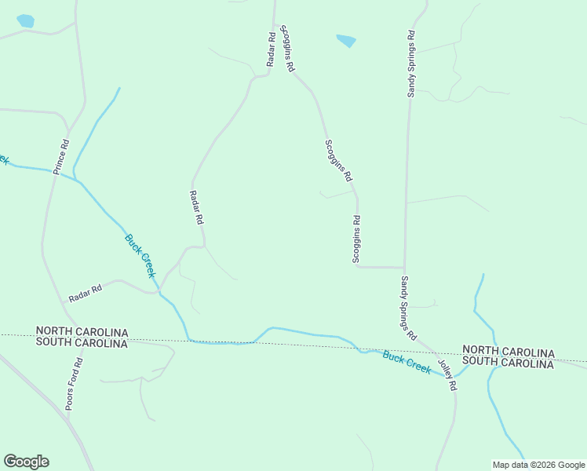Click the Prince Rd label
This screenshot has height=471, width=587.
[62, 156]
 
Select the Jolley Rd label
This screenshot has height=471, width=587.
[447, 376]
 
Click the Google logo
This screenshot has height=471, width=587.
[26, 462]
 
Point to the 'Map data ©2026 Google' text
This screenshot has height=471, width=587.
[539, 465]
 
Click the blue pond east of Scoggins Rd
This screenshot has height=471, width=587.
[346, 40]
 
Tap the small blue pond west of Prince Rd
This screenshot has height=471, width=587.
[25, 21]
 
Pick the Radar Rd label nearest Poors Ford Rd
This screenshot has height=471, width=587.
[86, 294]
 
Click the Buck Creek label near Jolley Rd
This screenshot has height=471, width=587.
[407, 362]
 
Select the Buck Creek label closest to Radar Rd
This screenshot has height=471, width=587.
[140, 255]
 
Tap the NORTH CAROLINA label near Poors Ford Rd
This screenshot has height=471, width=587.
[82, 333]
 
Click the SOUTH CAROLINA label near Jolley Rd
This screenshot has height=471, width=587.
[508, 361]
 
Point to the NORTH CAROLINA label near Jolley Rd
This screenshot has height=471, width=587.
[508, 350]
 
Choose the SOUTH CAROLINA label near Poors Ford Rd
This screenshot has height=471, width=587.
[82, 343]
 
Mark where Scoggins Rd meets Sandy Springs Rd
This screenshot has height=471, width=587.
[404, 267]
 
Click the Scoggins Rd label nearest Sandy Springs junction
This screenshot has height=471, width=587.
[356, 239]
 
